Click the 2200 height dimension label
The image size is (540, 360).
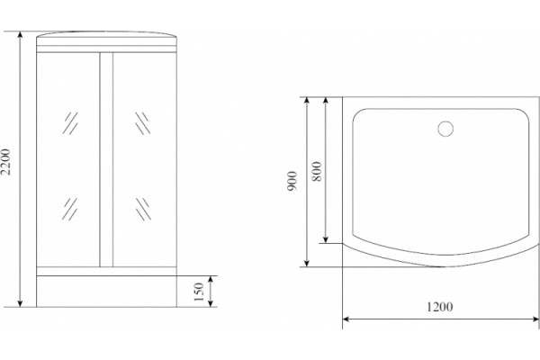point(6,162)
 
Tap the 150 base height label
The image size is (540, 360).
point(199,292)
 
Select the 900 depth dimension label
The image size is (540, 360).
point(292,181)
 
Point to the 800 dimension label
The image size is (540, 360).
point(316,171)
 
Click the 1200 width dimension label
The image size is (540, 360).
point(440,307)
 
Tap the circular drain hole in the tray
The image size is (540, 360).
point(445,129)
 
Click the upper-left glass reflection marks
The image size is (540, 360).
point(70,123)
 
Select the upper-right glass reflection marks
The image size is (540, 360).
point(142,123)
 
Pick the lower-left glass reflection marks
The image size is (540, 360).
point(70,209)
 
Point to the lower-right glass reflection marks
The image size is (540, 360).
point(143,209)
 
